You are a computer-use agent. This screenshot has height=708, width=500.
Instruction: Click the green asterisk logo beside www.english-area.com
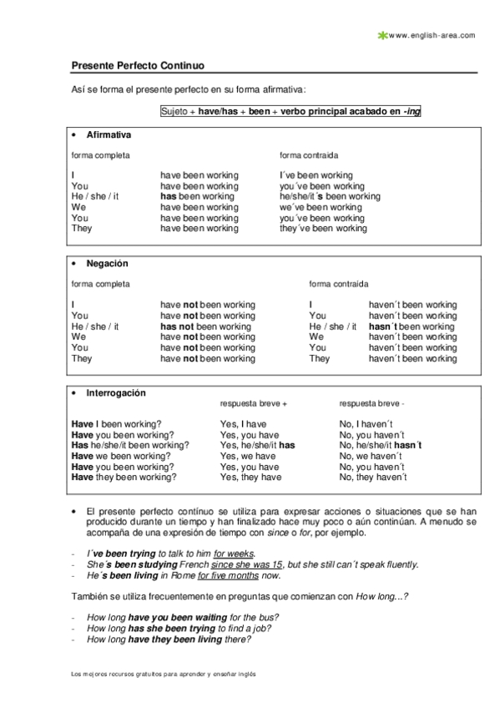382,35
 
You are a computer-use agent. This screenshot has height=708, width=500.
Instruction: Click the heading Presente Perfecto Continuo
138,65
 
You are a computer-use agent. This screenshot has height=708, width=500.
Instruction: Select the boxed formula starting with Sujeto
290,111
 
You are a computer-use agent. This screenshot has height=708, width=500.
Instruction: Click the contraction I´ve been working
316,175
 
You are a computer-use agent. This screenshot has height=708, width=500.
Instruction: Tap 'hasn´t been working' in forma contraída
412,326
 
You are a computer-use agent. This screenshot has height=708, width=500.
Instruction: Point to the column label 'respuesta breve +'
253,403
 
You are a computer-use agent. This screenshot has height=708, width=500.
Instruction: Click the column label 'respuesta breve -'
371,403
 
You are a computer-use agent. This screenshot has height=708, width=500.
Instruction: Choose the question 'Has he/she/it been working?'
129,446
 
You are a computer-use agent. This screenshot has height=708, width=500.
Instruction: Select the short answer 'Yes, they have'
250,478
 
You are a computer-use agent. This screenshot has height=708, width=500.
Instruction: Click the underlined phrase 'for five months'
226,575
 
